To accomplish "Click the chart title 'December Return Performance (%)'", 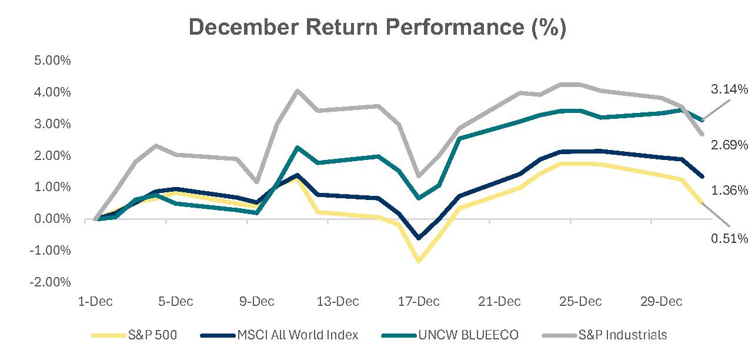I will point(377,28).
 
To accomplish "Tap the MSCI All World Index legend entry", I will point(279,335).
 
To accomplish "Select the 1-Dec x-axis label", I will point(95,302).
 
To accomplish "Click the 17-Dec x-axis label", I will point(419,302).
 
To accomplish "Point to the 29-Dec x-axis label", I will point(661,302).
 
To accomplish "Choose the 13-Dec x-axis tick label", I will point(338,302).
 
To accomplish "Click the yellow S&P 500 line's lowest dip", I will point(419,261).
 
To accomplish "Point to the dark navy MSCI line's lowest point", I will point(419,238).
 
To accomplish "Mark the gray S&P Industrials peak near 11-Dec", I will point(298,91).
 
